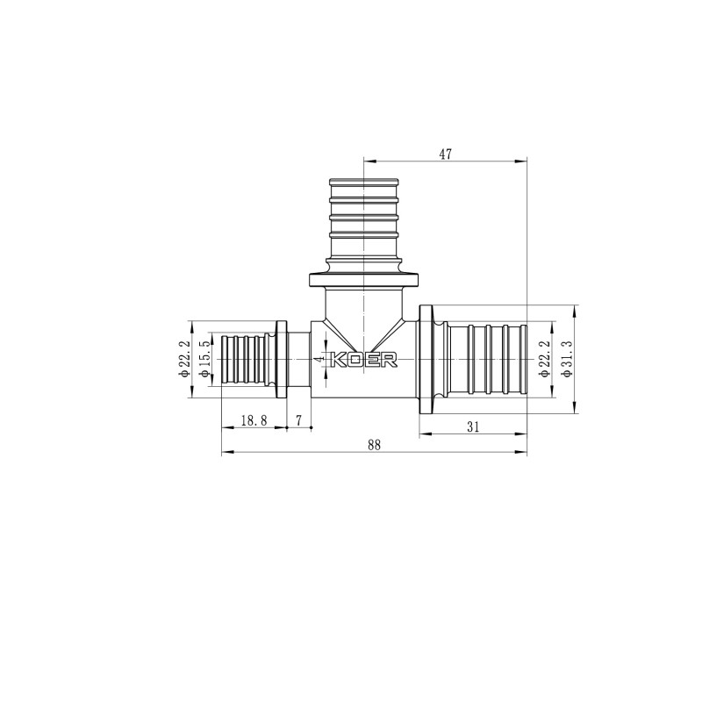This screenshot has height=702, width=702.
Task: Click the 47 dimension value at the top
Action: click(445, 154)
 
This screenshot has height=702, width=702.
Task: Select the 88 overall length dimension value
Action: click(375, 445)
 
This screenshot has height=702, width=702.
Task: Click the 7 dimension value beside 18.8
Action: click(298, 421)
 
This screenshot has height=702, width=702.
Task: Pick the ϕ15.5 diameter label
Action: click(204, 360)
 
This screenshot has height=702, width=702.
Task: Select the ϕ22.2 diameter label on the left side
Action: click(184, 360)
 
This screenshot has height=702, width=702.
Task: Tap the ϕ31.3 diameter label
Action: click(566, 360)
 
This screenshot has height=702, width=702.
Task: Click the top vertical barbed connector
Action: click(362, 219)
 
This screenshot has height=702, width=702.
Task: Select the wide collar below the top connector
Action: click(362, 281)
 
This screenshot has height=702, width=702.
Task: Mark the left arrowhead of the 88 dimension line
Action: click(223, 453)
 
